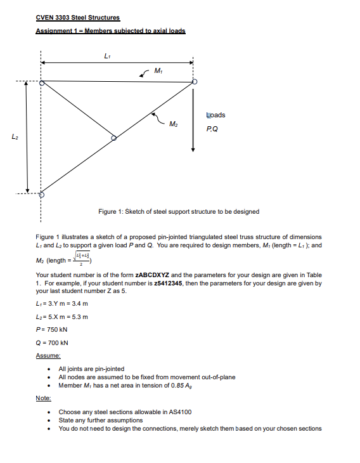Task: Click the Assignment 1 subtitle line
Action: click(110, 30)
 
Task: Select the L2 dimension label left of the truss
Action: click(15, 137)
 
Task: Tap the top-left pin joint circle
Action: click(42, 82)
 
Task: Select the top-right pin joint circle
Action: click(195, 82)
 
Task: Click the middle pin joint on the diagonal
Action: click(114, 138)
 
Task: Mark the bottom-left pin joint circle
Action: click(42, 194)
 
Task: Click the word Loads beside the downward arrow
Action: click(216, 115)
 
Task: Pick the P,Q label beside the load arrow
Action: click(212, 128)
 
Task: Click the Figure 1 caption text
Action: click(179, 212)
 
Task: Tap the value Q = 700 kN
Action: click(53, 342)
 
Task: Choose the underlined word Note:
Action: click(44, 398)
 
